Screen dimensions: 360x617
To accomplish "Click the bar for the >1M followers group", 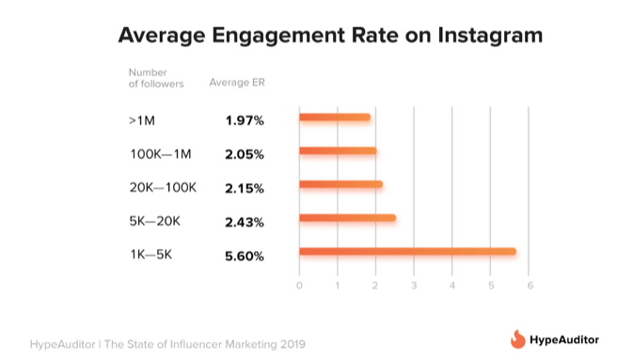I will click(334, 117).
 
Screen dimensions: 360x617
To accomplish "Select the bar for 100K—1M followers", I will click(338, 151).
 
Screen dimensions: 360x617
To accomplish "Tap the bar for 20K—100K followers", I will click(340, 184).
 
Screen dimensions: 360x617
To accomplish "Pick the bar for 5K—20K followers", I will click(347, 218).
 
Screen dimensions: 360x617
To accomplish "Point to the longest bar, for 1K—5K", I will click(407, 252).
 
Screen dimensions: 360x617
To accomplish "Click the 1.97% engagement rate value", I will click(244, 119).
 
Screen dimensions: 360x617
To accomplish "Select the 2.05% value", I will click(244, 153).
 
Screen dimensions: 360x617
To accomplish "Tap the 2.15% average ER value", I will click(244, 187).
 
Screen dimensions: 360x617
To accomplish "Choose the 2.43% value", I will click(244, 221).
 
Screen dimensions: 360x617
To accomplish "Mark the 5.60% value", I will click(244, 255).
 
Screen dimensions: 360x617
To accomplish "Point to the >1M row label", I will click(144, 119).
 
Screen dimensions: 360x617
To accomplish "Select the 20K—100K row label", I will click(163, 187).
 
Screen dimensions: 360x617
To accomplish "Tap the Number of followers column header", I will click(156, 77).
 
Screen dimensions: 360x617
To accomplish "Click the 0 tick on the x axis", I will click(299, 286).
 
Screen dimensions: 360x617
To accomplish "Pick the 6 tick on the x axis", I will click(530, 286).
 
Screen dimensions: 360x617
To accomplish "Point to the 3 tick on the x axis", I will click(415, 286).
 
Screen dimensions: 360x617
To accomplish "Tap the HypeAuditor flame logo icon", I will click(517, 338).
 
